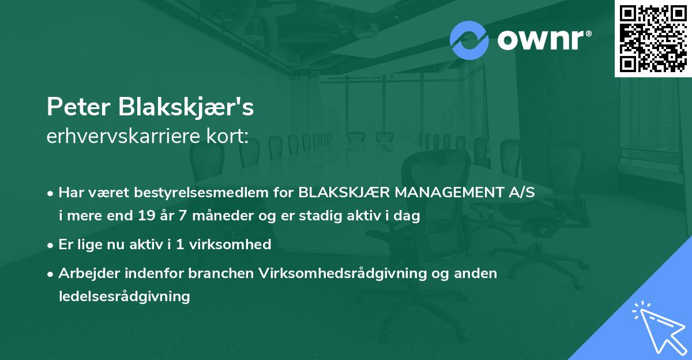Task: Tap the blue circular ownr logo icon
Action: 469,40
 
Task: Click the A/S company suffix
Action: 519,192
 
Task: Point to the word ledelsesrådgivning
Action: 124,297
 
